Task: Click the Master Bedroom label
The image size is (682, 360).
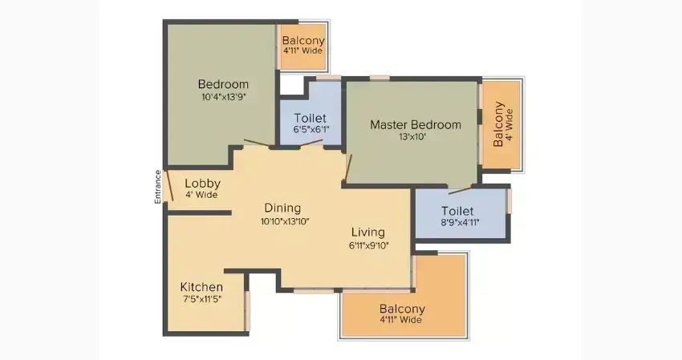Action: pos(416,125)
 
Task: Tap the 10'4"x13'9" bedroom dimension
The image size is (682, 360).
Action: pos(224,96)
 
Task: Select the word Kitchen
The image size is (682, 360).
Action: pos(201,287)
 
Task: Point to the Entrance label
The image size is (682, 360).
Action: pos(158,187)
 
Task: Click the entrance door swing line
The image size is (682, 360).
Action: pos(168,185)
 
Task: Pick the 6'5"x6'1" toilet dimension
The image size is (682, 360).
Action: pos(311,129)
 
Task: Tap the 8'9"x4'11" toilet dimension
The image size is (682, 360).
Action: pos(461,223)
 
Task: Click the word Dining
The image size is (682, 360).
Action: pos(282,208)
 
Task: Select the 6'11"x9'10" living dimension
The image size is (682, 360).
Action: pos(369,245)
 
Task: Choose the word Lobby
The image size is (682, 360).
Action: pos(202,184)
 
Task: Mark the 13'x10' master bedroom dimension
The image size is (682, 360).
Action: pos(412,136)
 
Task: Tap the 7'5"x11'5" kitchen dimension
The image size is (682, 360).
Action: pos(202,299)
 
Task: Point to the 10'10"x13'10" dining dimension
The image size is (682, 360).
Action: pos(285,221)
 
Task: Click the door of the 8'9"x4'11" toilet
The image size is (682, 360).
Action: pos(460,190)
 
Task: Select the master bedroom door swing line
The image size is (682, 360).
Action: pos(348,168)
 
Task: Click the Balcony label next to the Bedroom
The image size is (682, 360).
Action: pos(303,40)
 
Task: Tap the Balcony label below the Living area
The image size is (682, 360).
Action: pos(402,309)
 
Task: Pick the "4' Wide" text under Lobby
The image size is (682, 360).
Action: pos(201,195)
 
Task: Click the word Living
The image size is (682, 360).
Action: pos(368,233)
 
